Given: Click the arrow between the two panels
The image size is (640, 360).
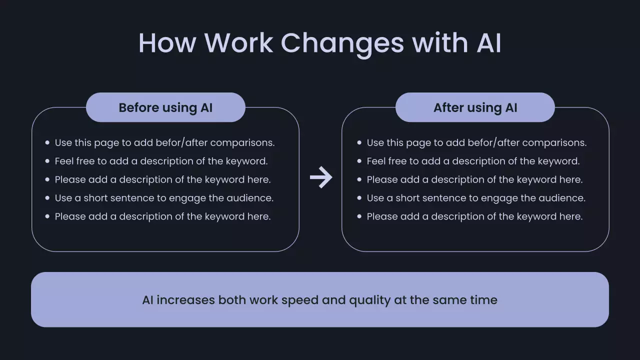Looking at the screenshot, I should tap(320, 177).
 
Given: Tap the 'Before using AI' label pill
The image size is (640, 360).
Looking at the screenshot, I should tap(165, 107).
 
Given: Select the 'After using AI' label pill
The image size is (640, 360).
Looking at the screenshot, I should tap(475, 107).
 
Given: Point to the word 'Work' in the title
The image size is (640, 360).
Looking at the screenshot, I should tap(238, 43).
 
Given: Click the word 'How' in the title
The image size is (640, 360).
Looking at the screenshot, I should tap(167, 43).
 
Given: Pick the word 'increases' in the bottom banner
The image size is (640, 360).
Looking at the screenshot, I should tap(185, 300).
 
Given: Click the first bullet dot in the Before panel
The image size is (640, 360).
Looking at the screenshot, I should tap(47, 142).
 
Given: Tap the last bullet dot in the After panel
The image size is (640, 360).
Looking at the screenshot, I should tap(359, 216).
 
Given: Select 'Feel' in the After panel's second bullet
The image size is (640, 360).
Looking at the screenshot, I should tap(376, 161).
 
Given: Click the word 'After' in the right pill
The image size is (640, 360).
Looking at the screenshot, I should tap(448, 107).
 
